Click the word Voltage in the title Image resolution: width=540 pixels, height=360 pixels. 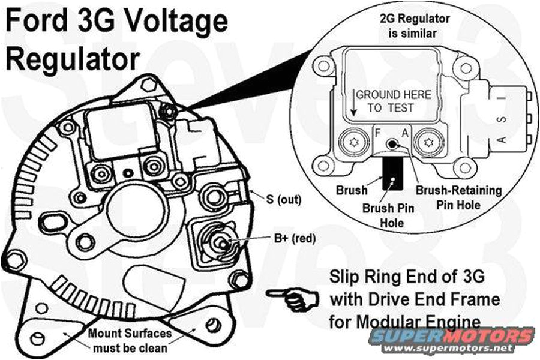click(x=169, y=23)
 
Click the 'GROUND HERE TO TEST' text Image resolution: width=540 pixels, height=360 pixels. click(x=393, y=101)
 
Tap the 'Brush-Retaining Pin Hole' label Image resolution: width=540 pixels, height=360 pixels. click(x=458, y=197)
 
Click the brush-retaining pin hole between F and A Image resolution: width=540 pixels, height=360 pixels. click(x=392, y=145)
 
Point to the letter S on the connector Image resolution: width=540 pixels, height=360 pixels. click(x=503, y=120)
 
